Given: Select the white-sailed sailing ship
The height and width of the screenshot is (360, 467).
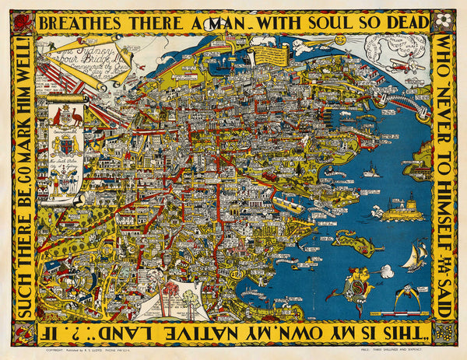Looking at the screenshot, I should coord(415,256).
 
